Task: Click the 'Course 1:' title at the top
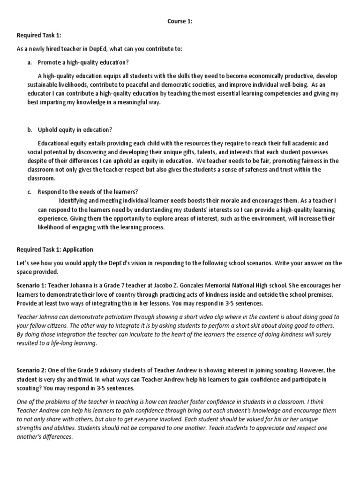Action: pos(180,21)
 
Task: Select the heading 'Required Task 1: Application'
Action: pos(55,249)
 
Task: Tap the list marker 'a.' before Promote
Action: pos(30,62)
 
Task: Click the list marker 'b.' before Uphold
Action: pos(30,129)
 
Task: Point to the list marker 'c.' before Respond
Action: pos(30,192)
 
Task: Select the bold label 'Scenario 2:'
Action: pos(32,370)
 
